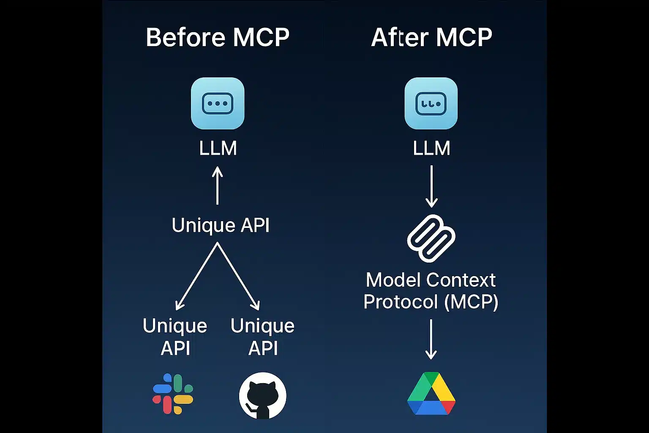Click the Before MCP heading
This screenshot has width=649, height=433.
tap(218, 37)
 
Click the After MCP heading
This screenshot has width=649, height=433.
tap(431, 37)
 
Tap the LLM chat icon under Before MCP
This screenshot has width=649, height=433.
tap(218, 103)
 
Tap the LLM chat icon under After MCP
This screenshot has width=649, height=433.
tap(431, 103)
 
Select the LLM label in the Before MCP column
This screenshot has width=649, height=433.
tap(218, 148)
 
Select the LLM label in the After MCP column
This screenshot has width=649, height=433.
tap(431, 148)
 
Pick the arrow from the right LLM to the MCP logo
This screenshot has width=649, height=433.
tap(431, 186)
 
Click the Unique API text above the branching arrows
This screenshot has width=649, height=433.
tap(220, 225)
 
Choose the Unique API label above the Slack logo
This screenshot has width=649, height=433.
tap(175, 337)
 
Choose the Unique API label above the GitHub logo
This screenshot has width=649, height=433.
tap(262, 337)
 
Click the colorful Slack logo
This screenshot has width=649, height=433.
tap(173, 394)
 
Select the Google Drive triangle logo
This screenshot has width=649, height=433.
tap(431, 394)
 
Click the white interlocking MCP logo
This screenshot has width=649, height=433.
tap(431, 238)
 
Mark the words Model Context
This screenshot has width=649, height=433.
tap(431, 280)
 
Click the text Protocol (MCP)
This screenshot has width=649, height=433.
tap(431, 302)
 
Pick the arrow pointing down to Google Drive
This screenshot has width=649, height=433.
tap(431, 339)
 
